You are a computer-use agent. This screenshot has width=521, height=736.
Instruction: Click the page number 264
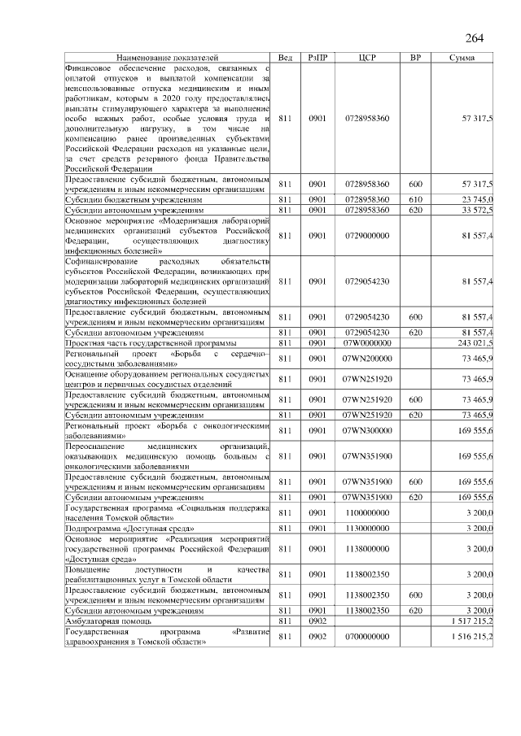(475, 38)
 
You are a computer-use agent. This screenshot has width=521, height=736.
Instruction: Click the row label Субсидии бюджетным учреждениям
(134, 199)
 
